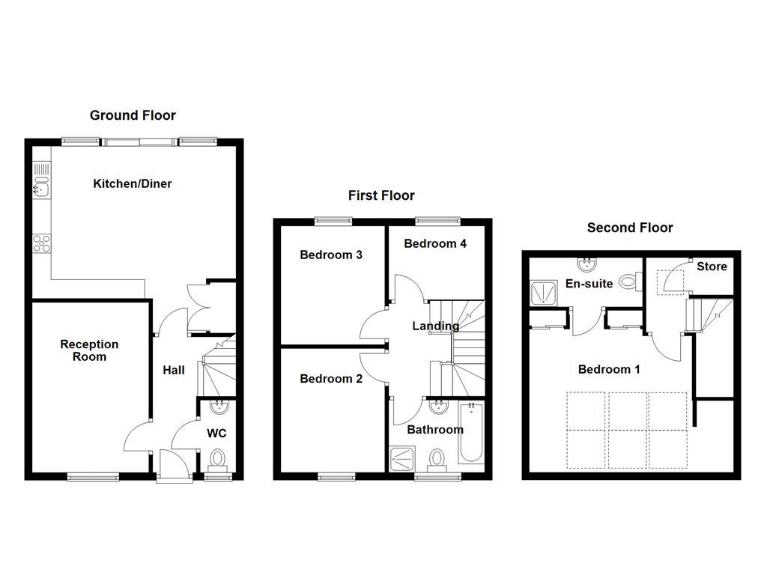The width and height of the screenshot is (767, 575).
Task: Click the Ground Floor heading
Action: [x=133, y=115]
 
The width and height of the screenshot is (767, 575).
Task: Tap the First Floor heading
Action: [x=381, y=195]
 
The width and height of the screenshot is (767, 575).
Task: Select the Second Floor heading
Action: [x=630, y=228]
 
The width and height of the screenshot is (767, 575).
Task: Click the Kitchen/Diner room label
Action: [x=133, y=183]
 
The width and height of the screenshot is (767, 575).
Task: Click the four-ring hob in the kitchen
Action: [x=41, y=243]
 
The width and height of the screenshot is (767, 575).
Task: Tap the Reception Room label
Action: [x=89, y=350]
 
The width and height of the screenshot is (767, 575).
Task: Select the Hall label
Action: [x=174, y=370]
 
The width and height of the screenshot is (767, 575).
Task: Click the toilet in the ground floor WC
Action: [x=218, y=457]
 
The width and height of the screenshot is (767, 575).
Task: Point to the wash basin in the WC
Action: [x=219, y=408]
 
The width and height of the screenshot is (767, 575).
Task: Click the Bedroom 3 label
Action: [x=331, y=255]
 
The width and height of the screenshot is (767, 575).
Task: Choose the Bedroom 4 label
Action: [x=435, y=243]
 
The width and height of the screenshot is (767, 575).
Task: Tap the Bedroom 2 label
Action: [x=331, y=379]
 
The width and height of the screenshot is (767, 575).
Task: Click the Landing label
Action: [x=435, y=326]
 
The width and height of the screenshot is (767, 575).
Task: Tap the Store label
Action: [x=712, y=266]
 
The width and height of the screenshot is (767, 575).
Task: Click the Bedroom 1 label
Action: [x=609, y=369]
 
